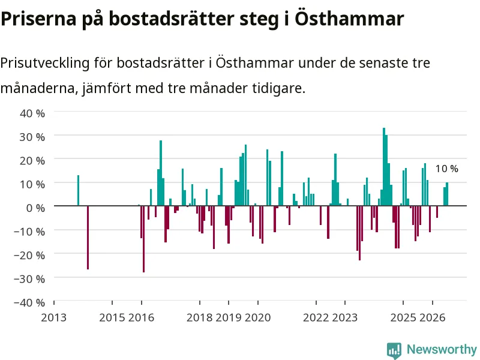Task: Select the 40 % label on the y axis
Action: pyautogui.click(x=32, y=113)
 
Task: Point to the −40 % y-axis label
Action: pyautogui.click(x=29, y=302)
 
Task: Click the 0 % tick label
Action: pyautogui.click(x=35, y=208)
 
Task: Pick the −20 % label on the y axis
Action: pyautogui.click(x=29, y=255)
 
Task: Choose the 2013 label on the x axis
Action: pyautogui.click(x=54, y=317)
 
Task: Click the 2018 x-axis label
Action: pyautogui.click(x=199, y=317)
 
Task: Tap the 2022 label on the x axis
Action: pyautogui.click(x=316, y=317)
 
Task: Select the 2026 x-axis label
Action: pyautogui.click(x=432, y=317)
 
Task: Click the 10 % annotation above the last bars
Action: pyautogui.click(x=446, y=169)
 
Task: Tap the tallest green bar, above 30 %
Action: pyautogui.click(x=384, y=167)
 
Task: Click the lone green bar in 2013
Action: pyautogui.click(x=78, y=190)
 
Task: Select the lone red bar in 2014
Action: pyautogui.click(x=88, y=238)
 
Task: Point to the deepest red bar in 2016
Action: pyautogui.click(x=143, y=239)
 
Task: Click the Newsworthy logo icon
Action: pyautogui.click(x=394, y=350)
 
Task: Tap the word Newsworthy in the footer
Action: pyautogui.click(x=442, y=349)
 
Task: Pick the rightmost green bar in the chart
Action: pyautogui.click(x=447, y=194)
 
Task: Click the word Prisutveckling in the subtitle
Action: pyautogui.click(x=45, y=63)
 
